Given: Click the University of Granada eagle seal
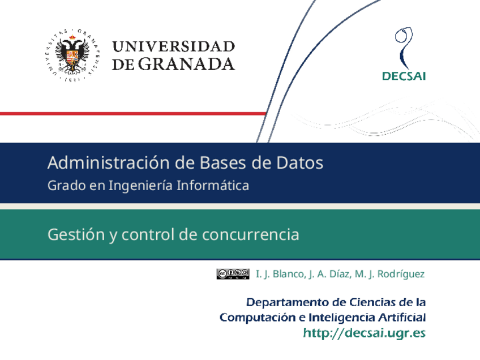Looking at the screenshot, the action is (x=72, y=55).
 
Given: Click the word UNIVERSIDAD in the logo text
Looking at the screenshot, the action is (x=174, y=47).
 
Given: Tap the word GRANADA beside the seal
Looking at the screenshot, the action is (x=186, y=64).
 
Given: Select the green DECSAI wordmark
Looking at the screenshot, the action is (x=404, y=76).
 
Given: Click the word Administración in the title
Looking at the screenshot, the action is (x=108, y=162).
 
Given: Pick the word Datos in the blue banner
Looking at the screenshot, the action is (x=299, y=162).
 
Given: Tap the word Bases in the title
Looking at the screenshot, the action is (x=223, y=162).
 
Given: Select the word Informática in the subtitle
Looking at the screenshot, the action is (x=213, y=186).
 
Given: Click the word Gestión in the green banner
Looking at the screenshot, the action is (x=76, y=234).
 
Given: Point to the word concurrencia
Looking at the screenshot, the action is (x=250, y=235).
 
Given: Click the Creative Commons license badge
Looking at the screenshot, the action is (x=233, y=274).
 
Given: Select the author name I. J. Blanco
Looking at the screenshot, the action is (x=280, y=274).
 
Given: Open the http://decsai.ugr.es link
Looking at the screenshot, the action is (x=365, y=333).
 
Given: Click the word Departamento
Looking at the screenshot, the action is (x=287, y=302).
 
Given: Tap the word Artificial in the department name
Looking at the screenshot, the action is (x=402, y=317).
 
